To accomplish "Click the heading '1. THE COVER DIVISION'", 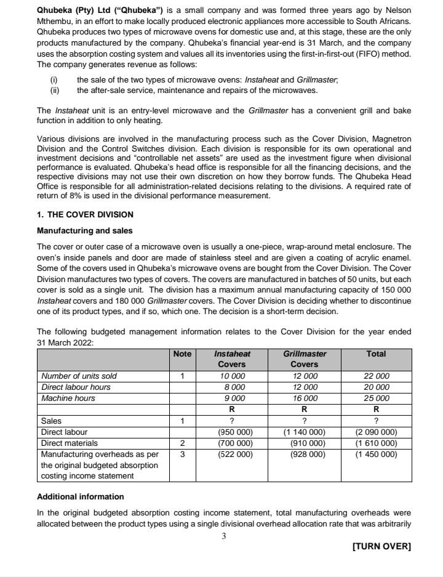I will tap(85, 214).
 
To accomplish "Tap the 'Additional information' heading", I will tap(80, 496).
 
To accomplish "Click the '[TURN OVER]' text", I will tap(381, 546).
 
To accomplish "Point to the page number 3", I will tap(224, 536).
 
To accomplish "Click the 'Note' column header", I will tap(182, 354).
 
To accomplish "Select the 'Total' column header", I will tap(376, 354).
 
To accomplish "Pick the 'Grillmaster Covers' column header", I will tap(305, 359).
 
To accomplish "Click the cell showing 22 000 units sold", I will tap(376, 376).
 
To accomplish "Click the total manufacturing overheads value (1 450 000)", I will tap(376, 454).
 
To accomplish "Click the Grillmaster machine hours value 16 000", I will tap(305, 398).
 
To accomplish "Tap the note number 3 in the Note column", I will tap(182, 454).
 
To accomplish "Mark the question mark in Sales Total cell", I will tap(376, 421).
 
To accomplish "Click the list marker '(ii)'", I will tap(55, 91).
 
